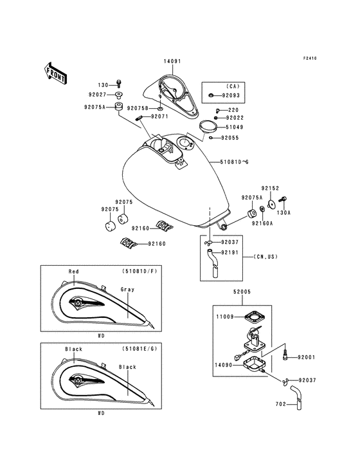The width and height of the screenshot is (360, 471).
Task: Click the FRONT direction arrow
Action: pos(55,73)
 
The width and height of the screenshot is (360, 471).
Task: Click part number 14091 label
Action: pos(172,61)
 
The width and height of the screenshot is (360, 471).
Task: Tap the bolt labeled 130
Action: pos(120,84)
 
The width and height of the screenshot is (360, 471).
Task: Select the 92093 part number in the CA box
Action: pos(231,95)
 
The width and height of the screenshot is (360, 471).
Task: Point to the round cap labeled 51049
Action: pos(208,126)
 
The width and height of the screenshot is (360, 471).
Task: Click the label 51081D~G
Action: pos(234,162)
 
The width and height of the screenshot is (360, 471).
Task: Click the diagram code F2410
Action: pos(310,59)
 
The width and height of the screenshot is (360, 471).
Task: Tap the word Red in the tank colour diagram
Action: pos(73,272)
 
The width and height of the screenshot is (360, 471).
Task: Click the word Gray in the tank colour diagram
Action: pos(127,290)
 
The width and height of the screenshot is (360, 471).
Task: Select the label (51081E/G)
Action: pos(139,349)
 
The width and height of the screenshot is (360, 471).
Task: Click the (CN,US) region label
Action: pos(265,257)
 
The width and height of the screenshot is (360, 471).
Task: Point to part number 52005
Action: pos(242,291)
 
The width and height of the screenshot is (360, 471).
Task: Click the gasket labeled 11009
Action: pos(255,317)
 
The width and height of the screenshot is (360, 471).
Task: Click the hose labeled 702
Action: pos(296,398)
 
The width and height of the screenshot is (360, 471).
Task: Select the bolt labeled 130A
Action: pos(283,199)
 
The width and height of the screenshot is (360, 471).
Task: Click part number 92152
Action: pos(270,189)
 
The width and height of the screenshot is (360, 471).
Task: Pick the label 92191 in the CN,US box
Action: pos(230,253)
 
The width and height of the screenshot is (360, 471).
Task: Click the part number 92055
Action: pos(230,138)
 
